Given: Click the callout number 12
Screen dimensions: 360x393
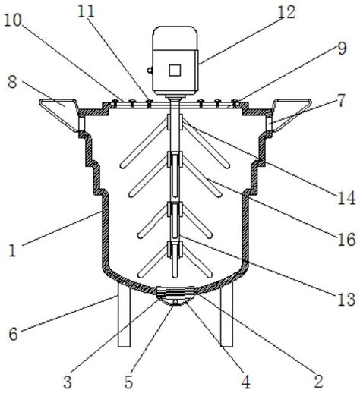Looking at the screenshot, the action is [286, 12].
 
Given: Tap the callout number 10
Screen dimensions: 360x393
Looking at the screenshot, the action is [13, 20].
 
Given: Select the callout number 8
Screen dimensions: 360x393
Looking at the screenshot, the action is [12, 82].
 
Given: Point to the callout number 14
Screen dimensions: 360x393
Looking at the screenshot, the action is [346, 198].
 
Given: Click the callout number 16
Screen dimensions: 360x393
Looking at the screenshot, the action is [346, 240].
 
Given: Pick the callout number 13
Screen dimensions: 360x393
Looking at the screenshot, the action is [346, 300].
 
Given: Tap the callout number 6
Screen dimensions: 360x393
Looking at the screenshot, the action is [14, 334].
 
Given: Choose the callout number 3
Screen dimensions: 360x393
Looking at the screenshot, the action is [68, 382].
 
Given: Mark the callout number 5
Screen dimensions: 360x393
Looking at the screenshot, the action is [128, 382].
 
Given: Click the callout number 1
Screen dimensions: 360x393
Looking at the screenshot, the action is [12, 250].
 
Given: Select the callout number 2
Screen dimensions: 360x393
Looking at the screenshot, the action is [318, 381].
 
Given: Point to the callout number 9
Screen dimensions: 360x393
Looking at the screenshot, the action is [342, 49].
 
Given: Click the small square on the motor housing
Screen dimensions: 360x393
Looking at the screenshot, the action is [175, 70].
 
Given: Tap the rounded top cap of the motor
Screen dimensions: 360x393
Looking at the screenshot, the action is [175, 38].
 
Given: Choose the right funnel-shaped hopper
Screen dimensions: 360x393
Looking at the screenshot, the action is [291, 115].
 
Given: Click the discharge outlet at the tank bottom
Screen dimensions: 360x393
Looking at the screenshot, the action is [175, 296].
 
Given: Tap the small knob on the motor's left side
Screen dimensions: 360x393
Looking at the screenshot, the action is [150, 70].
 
